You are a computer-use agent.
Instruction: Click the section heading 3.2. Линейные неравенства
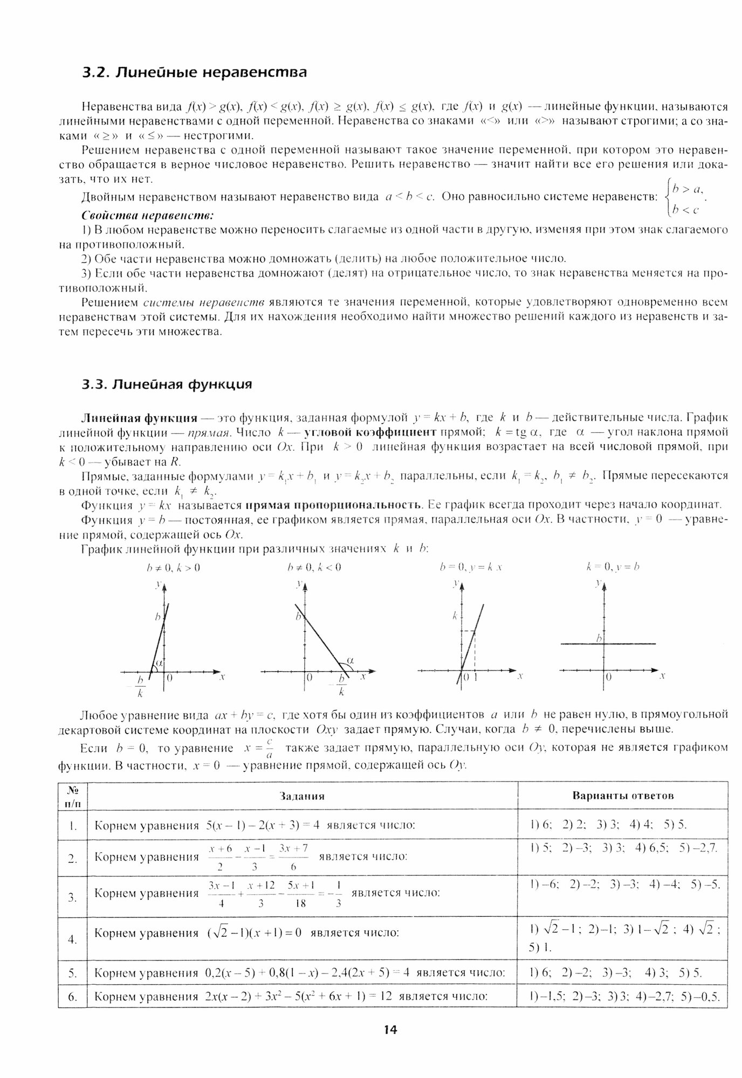[194, 73]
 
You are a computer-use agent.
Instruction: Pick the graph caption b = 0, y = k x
[471, 567]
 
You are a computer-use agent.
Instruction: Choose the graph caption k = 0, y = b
[613, 567]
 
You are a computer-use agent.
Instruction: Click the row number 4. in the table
[73, 939]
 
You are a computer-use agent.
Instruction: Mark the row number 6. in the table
[73, 997]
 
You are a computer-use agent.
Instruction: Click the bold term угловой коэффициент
[369, 432]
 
